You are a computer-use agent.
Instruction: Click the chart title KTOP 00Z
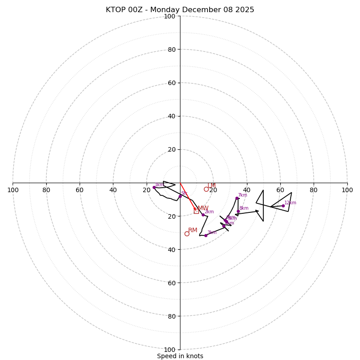180,10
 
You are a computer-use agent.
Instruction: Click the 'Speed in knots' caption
180,356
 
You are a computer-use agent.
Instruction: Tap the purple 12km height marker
283,206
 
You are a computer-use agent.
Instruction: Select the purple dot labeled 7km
237,198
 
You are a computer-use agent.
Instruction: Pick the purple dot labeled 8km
238,211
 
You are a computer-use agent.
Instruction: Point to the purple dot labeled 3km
206,235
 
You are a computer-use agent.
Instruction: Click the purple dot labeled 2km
203,215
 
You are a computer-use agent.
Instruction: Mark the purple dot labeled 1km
154,187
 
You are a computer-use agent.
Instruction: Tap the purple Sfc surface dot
180,196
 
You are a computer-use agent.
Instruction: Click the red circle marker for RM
187,234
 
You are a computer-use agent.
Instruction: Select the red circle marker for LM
206,189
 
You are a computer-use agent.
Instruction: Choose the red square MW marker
196,211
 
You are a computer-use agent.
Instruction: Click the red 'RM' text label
193,230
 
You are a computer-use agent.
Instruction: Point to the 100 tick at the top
170,16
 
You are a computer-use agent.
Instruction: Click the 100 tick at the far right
347,190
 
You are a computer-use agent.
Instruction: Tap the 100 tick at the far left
13,190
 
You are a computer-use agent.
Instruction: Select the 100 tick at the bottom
170,349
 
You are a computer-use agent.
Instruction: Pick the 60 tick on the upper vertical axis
171,83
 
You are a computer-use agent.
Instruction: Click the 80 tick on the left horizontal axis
46,190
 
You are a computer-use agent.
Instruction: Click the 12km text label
290,202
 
